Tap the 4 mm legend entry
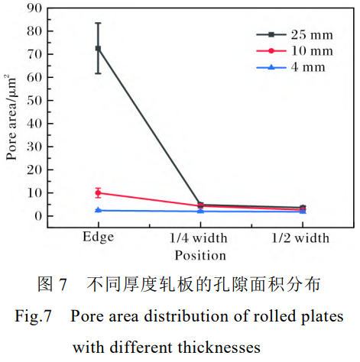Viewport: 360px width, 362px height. click(302, 66)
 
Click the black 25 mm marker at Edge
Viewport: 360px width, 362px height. click(98, 48)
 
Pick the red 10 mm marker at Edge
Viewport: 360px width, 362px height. click(98, 192)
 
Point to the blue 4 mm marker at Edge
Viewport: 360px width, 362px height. click(98, 210)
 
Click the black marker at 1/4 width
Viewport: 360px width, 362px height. click(200, 205)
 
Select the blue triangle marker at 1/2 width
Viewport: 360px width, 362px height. click(302, 212)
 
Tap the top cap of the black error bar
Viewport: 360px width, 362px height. click(98, 23)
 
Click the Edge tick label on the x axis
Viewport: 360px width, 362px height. click(98, 237)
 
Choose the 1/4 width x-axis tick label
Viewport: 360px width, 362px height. click(200, 238)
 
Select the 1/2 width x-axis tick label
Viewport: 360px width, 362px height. click(302, 238)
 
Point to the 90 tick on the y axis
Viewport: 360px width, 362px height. click(35, 8)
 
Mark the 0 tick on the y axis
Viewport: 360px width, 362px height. click(38, 216)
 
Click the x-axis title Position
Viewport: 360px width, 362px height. click(199, 255)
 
